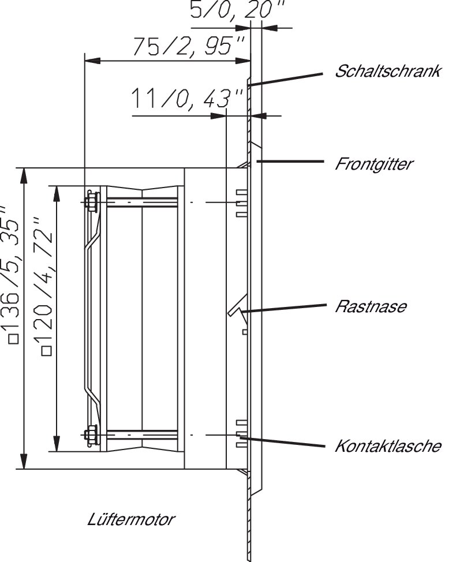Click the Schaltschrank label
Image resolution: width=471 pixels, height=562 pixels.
click(387, 71)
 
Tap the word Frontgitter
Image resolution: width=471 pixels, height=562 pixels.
click(374, 164)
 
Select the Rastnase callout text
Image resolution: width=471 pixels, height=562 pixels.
click(371, 306)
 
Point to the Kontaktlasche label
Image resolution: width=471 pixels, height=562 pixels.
click(388, 446)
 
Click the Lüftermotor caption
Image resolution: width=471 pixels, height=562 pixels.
click(131, 519)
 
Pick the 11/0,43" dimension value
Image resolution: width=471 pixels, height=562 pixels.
click(187, 98)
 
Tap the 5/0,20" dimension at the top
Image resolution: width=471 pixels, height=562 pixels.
click(237, 9)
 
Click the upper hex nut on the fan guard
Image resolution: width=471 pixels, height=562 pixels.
click(92, 202)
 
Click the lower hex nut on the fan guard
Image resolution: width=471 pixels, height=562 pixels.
click(92, 434)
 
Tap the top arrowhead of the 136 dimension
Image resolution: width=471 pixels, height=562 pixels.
click(24, 175)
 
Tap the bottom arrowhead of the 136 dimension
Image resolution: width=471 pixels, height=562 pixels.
click(24, 461)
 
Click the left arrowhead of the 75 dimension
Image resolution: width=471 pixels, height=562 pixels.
click(92, 61)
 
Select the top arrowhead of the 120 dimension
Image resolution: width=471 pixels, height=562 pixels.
click(56, 193)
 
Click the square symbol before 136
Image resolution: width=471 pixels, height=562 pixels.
click(14, 339)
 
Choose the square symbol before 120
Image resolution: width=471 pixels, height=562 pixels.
click(47, 351)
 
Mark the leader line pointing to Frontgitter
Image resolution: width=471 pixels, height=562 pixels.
click(290, 162)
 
